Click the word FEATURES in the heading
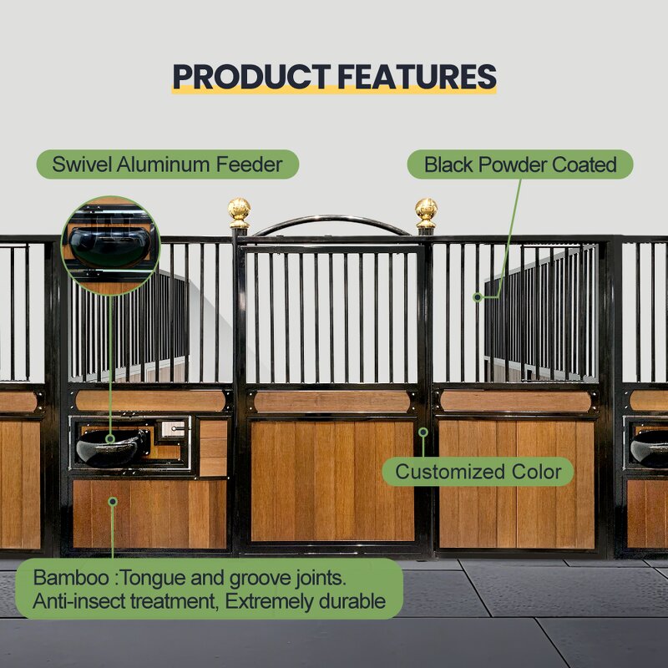coord(417,77)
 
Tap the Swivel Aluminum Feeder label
coord(167,164)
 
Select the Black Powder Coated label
coord(519,164)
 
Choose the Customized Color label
coord(478,472)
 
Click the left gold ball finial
coord(240,210)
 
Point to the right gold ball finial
coord(426,210)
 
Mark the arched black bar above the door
coord(332,223)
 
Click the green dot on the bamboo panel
coord(114,502)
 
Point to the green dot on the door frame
coord(423,432)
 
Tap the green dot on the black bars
coord(478,296)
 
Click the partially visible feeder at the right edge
coord(650,449)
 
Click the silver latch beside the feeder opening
coord(173,428)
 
